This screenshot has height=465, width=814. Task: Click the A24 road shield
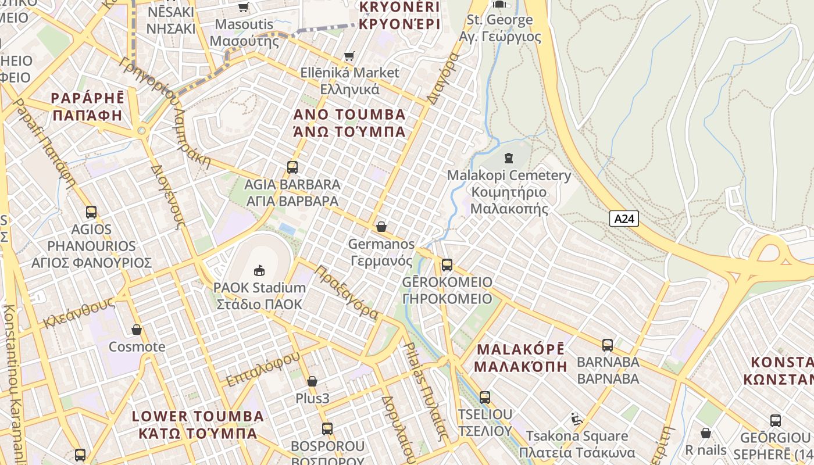(624, 219)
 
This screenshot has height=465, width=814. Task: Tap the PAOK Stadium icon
(259, 270)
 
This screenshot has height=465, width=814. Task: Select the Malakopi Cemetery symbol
(509, 158)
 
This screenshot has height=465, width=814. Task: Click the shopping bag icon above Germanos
(381, 227)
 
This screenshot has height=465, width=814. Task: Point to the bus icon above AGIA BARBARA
(292, 167)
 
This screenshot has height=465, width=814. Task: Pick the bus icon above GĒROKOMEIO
(447, 265)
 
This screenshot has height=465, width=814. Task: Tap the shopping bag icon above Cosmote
(137, 330)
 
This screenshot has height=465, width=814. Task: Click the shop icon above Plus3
(312, 381)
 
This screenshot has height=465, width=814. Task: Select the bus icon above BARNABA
(608, 345)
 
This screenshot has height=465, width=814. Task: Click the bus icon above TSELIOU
(484, 398)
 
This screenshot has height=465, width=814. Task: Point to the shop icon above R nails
(705, 433)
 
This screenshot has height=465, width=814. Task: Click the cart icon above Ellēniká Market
(349, 56)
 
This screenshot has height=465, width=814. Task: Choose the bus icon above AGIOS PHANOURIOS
(91, 212)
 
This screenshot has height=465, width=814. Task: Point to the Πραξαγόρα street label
(347, 293)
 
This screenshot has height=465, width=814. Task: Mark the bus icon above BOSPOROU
(327, 429)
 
